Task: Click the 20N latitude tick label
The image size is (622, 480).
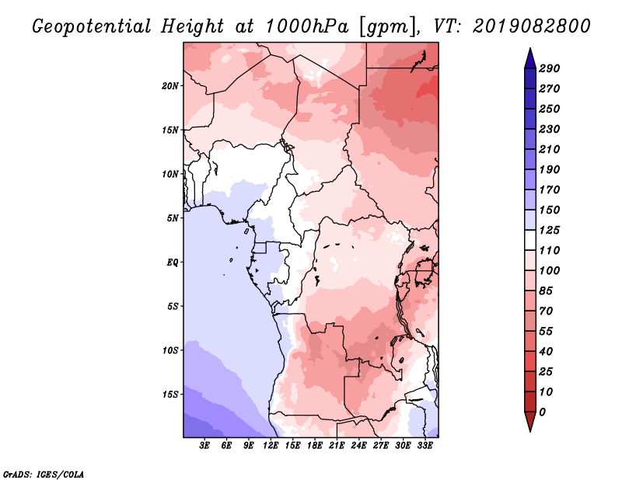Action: (x=170, y=86)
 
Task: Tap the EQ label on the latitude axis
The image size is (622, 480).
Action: (x=173, y=263)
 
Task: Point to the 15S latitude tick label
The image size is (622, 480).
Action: (x=170, y=395)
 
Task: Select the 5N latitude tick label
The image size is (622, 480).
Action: (x=173, y=218)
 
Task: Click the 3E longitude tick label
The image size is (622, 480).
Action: (x=204, y=446)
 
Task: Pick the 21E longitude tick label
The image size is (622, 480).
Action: (x=337, y=446)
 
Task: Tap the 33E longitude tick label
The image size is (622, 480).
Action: (x=425, y=446)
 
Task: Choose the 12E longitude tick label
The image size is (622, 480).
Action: (x=271, y=446)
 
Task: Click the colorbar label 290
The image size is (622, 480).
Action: (x=550, y=68)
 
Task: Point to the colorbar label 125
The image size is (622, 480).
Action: (x=550, y=230)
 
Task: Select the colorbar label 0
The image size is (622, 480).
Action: (x=542, y=412)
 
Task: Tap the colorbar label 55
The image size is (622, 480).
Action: (x=546, y=332)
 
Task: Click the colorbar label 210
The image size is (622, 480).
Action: (x=550, y=149)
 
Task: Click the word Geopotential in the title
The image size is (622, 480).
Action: (x=92, y=27)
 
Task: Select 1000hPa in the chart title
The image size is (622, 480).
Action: (x=306, y=26)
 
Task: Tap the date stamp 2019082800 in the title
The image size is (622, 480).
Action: (x=532, y=26)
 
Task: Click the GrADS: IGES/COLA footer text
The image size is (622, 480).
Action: (x=44, y=475)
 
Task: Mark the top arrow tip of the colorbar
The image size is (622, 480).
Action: (x=530, y=48)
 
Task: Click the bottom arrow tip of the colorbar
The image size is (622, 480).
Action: (x=530, y=432)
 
